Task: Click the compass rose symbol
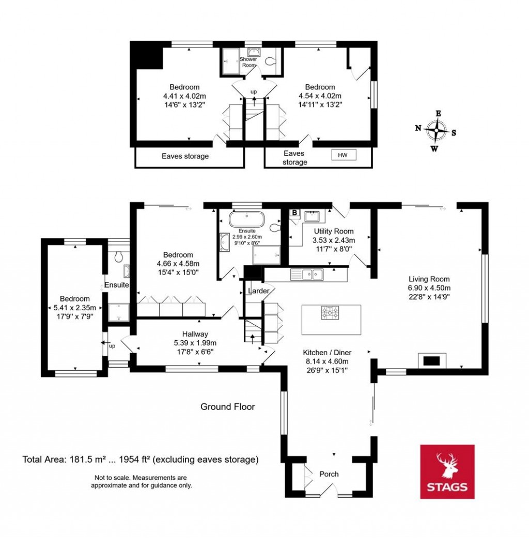pyautogui.click(x=437, y=131)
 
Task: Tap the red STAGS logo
pyautogui.click(x=447, y=471)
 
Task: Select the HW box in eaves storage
pyautogui.click(x=344, y=155)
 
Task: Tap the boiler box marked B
pyautogui.click(x=294, y=212)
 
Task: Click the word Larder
pyautogui.click(x=259, y=291)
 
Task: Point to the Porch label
pyautogui.click(x=329, y=474)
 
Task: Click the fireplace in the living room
pyautogui.click(x=431, y=360)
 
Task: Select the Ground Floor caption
pyautogui.click(x=227, y=407)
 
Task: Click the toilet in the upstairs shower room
pyautogui.click(x=269, y=61)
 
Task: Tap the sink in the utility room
pyautogui.click(x=313, y=215)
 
